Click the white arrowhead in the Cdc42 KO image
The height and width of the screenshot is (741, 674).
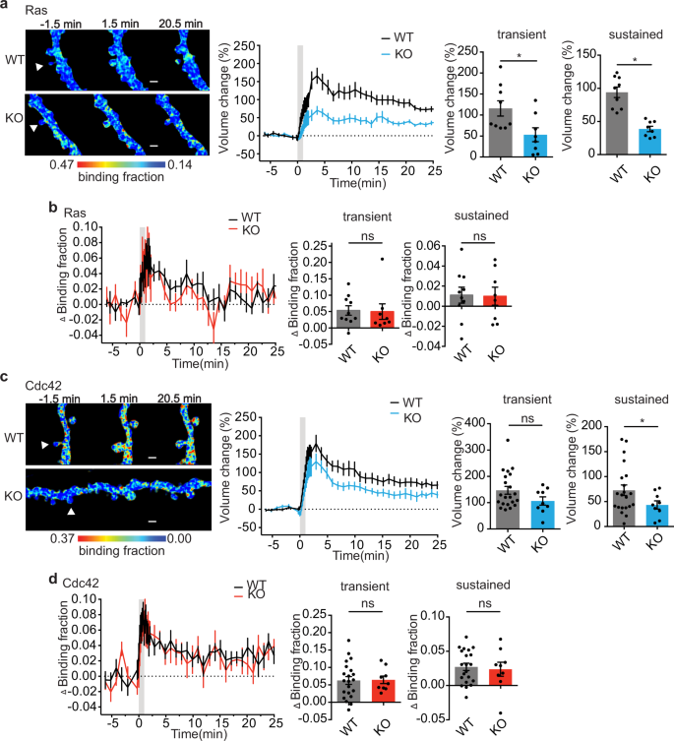pos(70,512)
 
